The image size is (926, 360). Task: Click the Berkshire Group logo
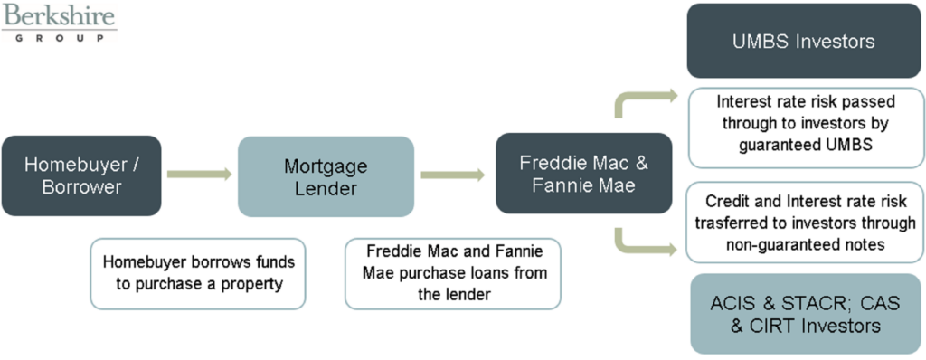(x=59, y=23)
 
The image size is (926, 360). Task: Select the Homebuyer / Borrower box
(x=81, y=175)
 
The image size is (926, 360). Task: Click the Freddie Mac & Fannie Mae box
(x=583, y=174)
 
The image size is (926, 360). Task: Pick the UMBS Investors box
(x=803, y=42)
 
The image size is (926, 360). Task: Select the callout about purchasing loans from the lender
(x=452, y=272)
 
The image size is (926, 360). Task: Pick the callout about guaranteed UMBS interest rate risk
(x=803, y=127)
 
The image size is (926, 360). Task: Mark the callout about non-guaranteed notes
(x=803, y=223)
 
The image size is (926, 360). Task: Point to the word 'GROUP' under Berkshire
(x=59, y=38)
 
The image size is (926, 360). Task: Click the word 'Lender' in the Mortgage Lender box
(x=326, y=188)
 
